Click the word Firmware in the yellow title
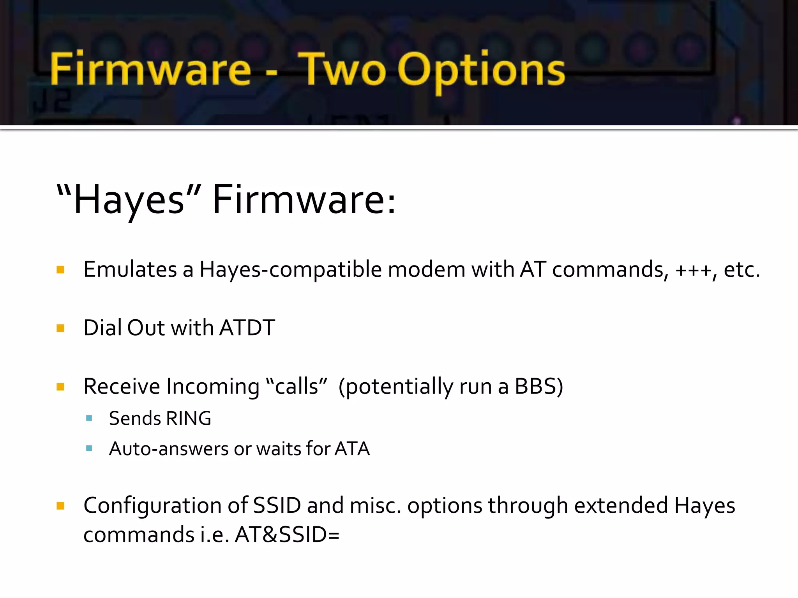tap(150, 69)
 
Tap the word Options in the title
tap(481, 70)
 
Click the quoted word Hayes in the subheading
tap(129, 200)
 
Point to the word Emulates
tap(130, 269)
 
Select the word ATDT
tap(247, 328)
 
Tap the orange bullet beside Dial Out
tap(60, 328)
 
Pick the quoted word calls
tap(297, 386)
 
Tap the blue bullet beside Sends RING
tap(89, 419)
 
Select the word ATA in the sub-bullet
tap(352, 448)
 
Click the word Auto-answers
tap(168, 449)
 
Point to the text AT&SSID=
tap(287, 535)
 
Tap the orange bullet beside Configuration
tap(60, 506)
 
